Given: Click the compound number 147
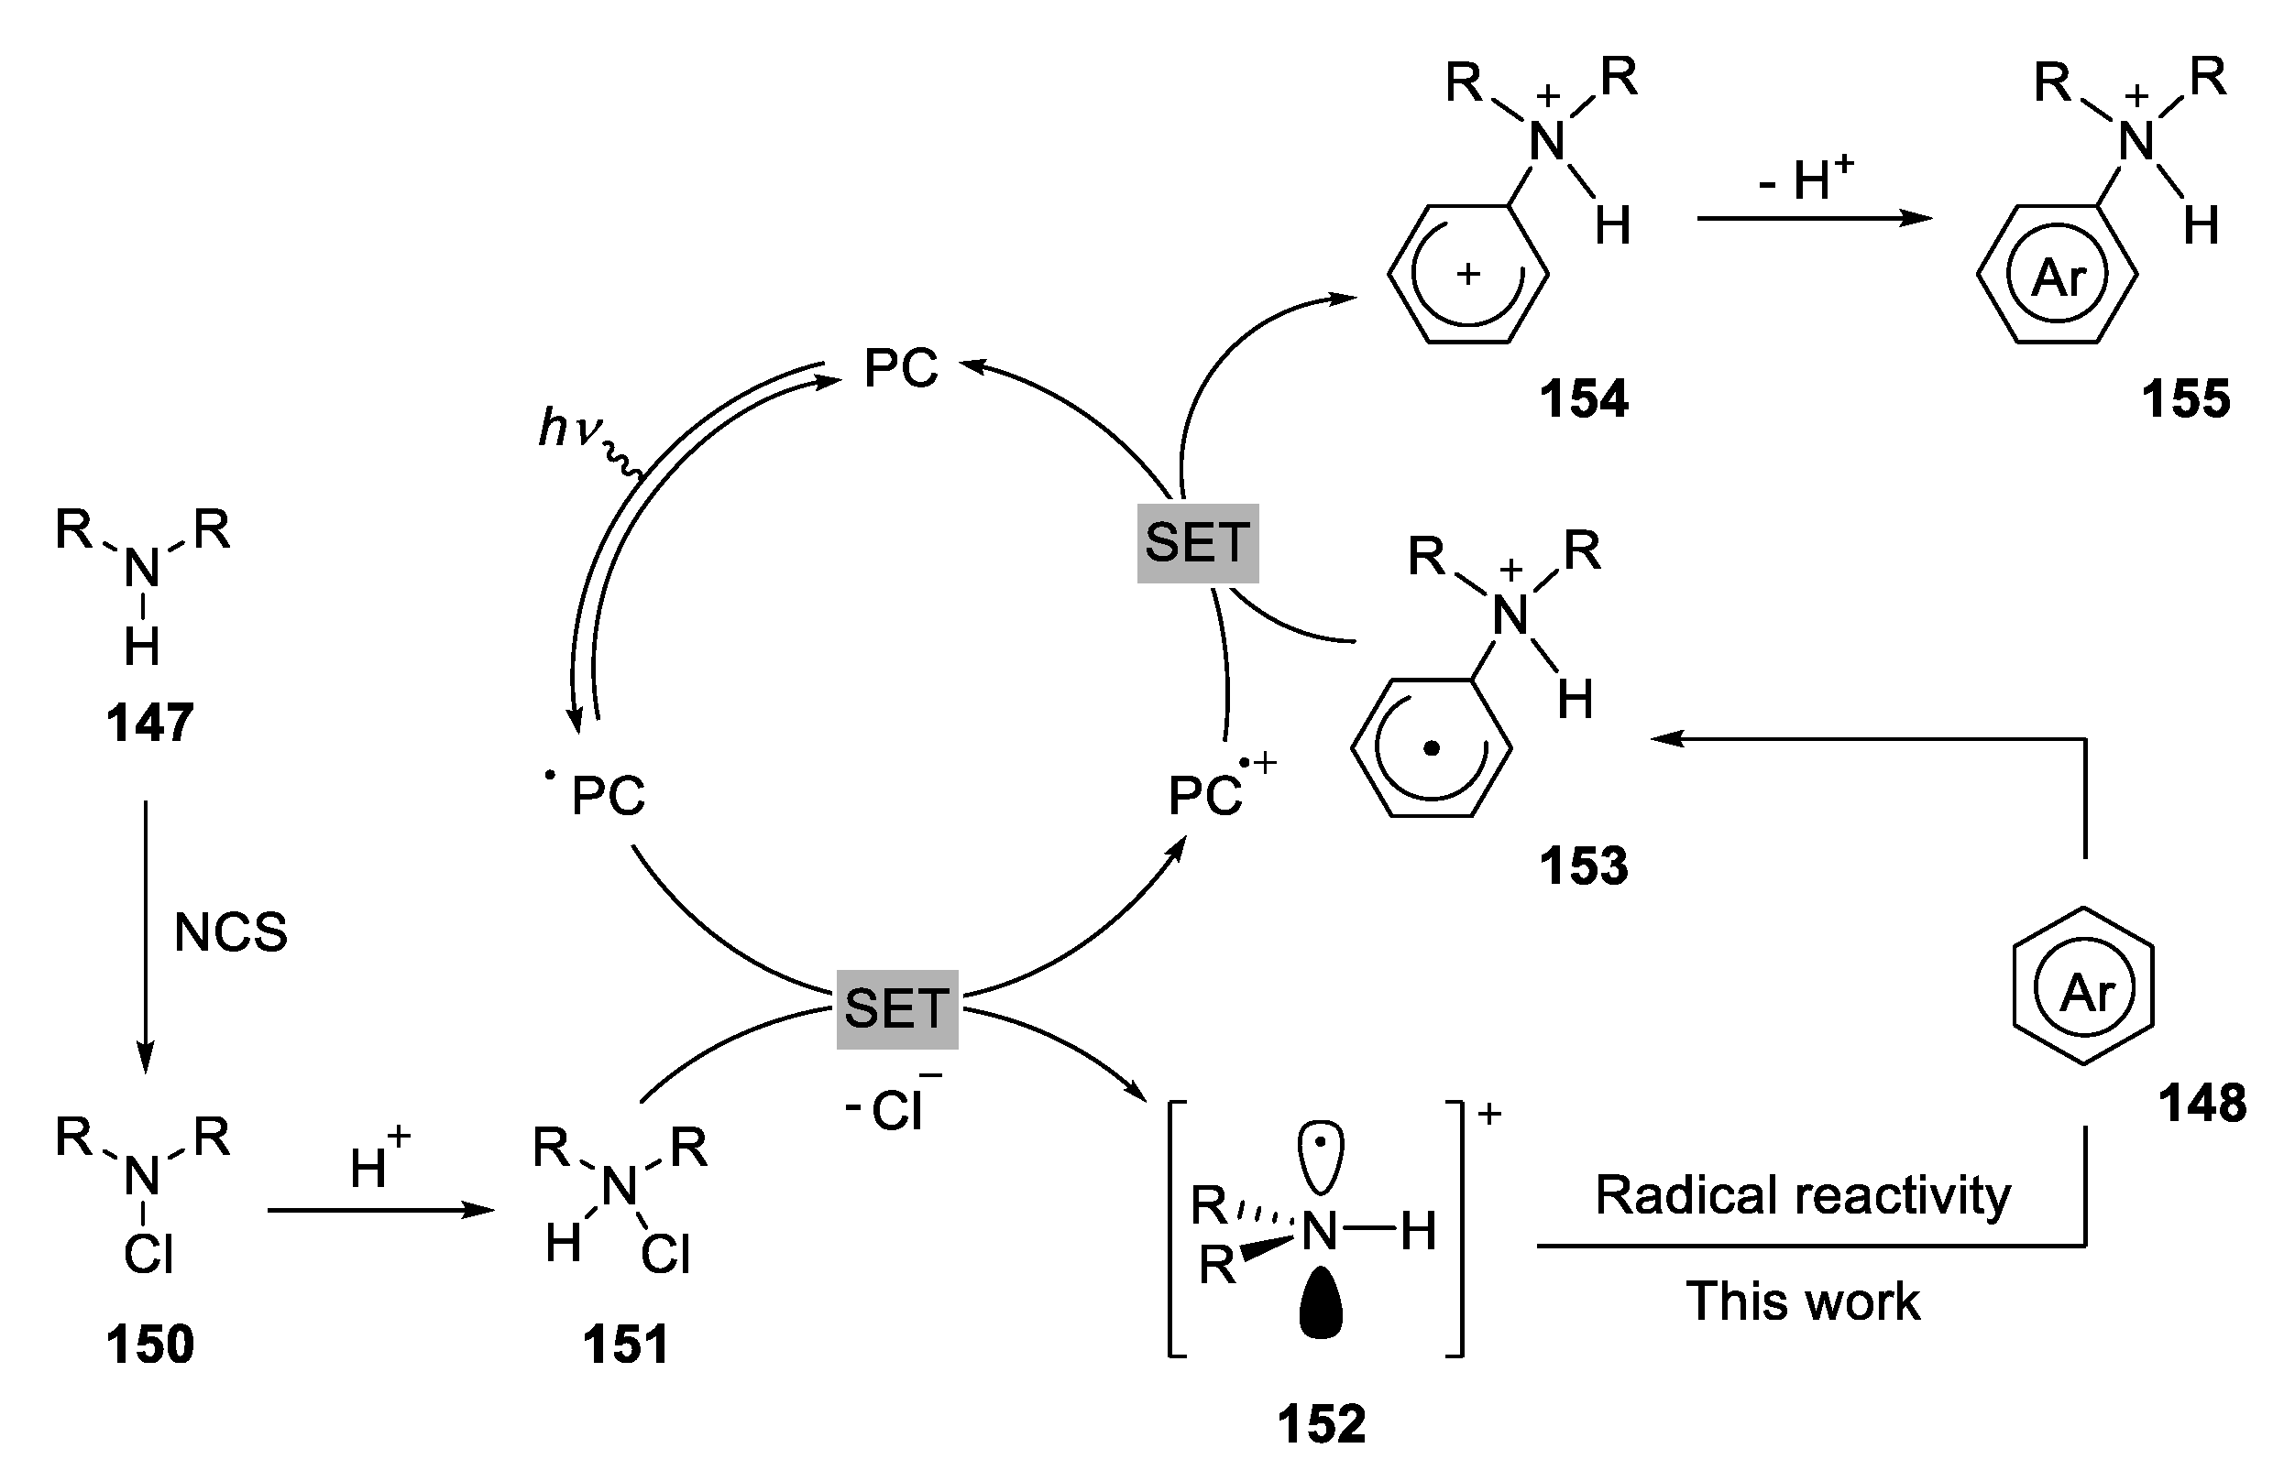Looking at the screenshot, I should click(x=149, y=724).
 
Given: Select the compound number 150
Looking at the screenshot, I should click(x=149, y=1344).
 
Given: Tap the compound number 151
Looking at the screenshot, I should click(x=626, y=1344).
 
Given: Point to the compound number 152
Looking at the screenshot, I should click(x=1321, y=1423).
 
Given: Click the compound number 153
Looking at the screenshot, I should click(x=1584, y=866).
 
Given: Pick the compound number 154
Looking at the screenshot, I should click(x=1584, y=399).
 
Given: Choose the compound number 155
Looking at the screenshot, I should click(x=2185, y=399).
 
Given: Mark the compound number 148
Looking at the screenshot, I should click(x=2202, y=1103).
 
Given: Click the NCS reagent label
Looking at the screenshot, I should click(x=230, y=932).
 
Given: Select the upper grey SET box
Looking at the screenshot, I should click(x=1197, y=543).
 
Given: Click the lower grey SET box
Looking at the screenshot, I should click(x=896, y=1009).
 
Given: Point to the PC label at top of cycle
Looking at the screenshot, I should click(x=900, y=368).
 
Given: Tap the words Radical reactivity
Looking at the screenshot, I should click(x=1802, y=1195).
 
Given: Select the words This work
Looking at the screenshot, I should click(x=1802, y=1301).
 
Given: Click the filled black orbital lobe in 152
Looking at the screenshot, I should click(x=1321, y=1301).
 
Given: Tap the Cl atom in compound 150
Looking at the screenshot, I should click(x=148, y=1254).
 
